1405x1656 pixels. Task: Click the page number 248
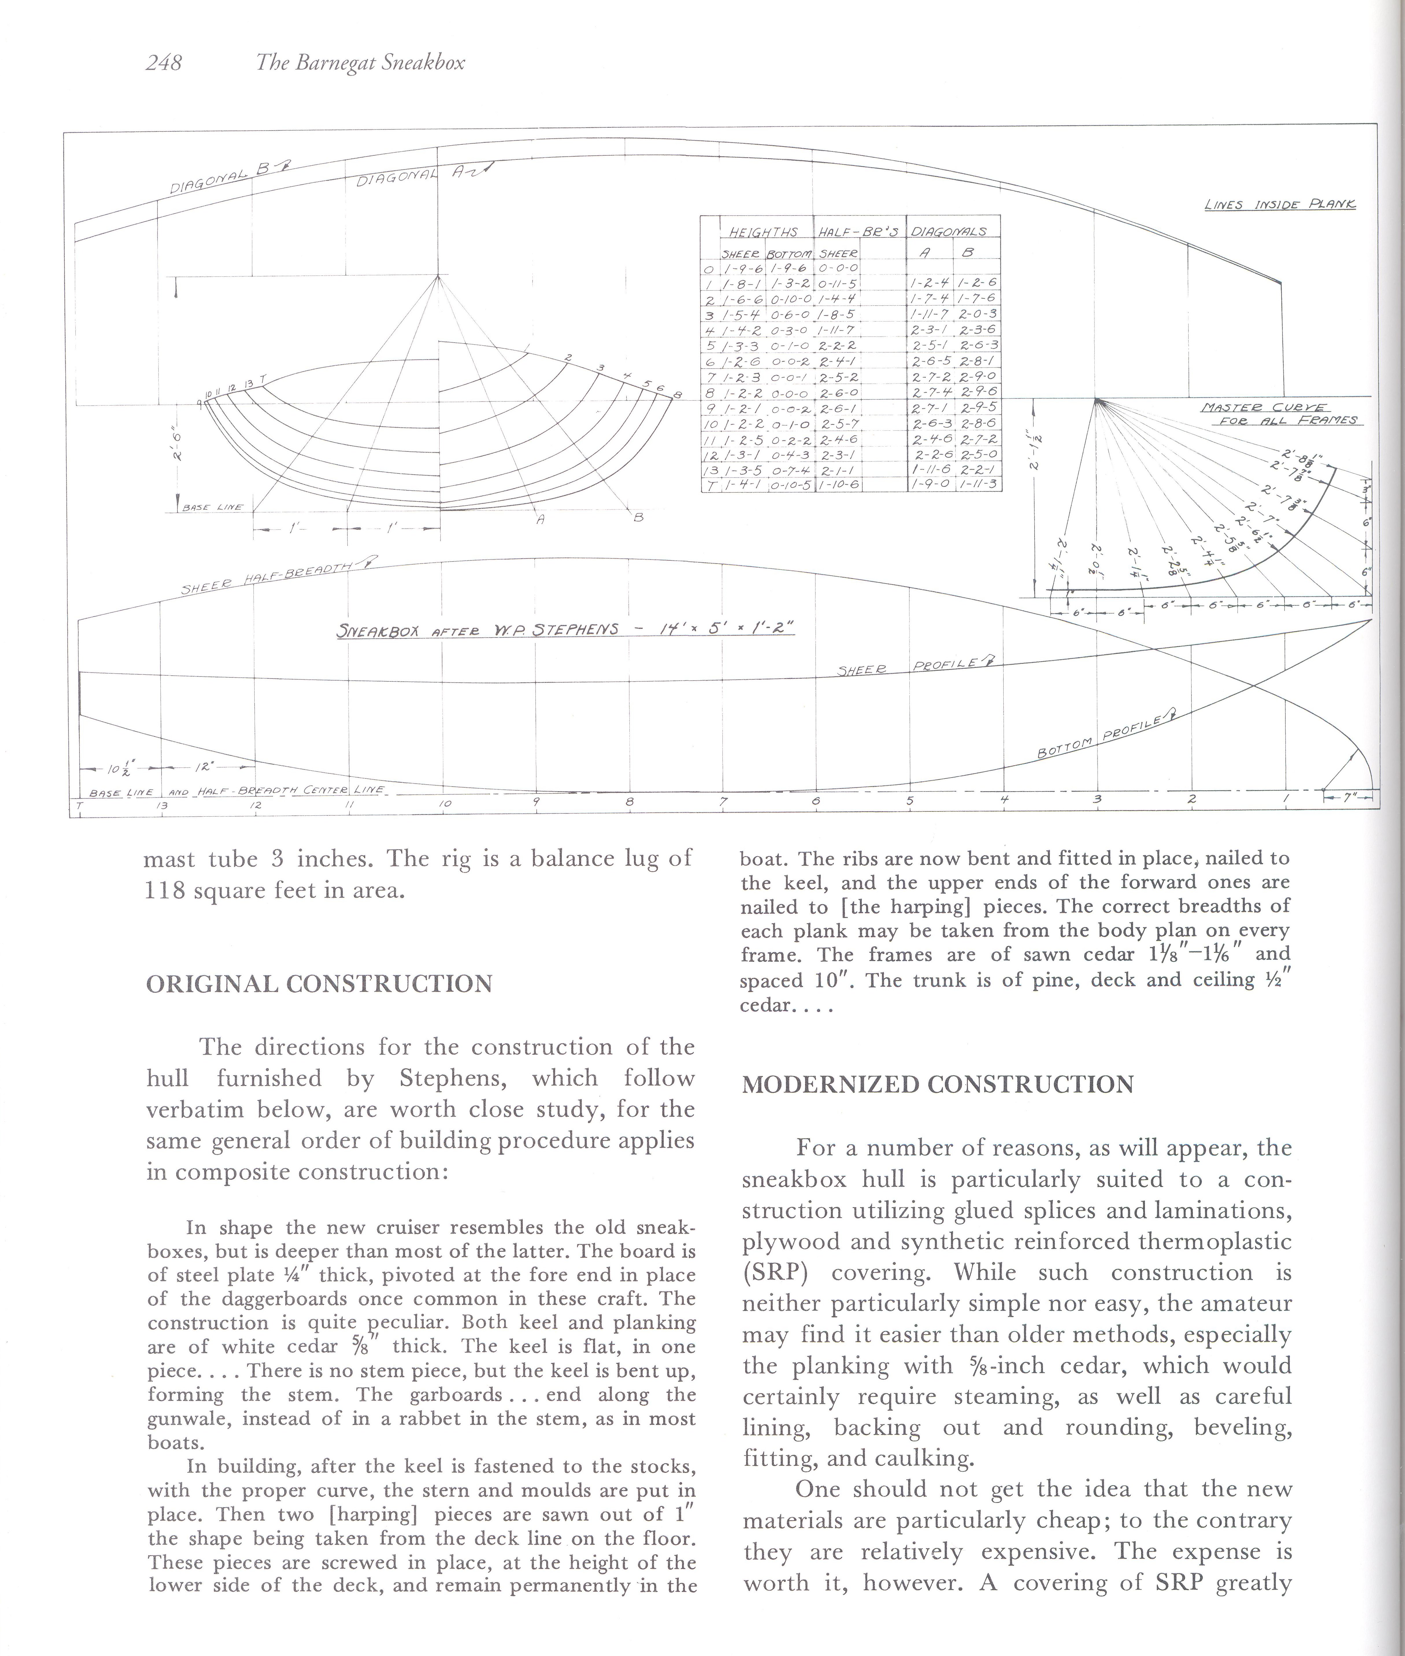click(x=164, y=63)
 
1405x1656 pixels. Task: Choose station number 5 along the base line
click(x=909, y=801)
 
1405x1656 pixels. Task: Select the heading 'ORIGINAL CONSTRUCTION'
click(x=318, y=984)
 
